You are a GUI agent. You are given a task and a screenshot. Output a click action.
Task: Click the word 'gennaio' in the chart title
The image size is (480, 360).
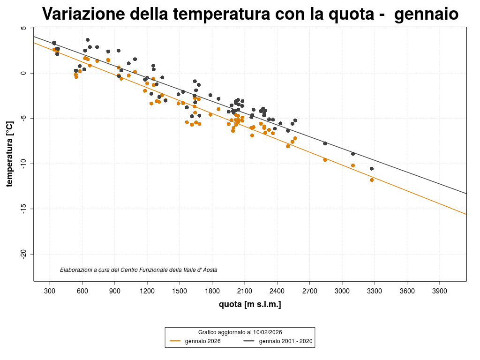coord(426,14)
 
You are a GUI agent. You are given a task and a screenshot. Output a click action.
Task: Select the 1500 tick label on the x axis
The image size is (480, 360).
coord(180,291)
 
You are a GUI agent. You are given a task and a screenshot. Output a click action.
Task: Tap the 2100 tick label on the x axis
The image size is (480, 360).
coord(245,291)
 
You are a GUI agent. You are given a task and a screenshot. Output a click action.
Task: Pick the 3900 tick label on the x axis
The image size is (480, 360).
coord(439,291)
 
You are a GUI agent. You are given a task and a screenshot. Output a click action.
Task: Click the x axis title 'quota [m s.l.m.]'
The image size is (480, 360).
coord(250,305)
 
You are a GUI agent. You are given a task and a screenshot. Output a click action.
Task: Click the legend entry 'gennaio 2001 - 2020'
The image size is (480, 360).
coord(285,341)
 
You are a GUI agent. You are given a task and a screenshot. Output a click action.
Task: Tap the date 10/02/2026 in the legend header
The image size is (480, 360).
coord(266,332)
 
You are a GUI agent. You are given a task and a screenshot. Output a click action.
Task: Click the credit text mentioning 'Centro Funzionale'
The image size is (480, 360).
coord(139,270)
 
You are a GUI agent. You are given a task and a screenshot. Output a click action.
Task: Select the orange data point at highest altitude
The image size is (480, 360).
coord(372,180)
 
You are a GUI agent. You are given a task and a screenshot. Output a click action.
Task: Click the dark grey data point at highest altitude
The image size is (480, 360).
coord(372,169)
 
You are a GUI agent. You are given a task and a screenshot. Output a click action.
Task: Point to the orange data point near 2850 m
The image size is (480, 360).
coord(325,160)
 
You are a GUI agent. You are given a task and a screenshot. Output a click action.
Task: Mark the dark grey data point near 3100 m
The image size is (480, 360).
coord(353,154)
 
